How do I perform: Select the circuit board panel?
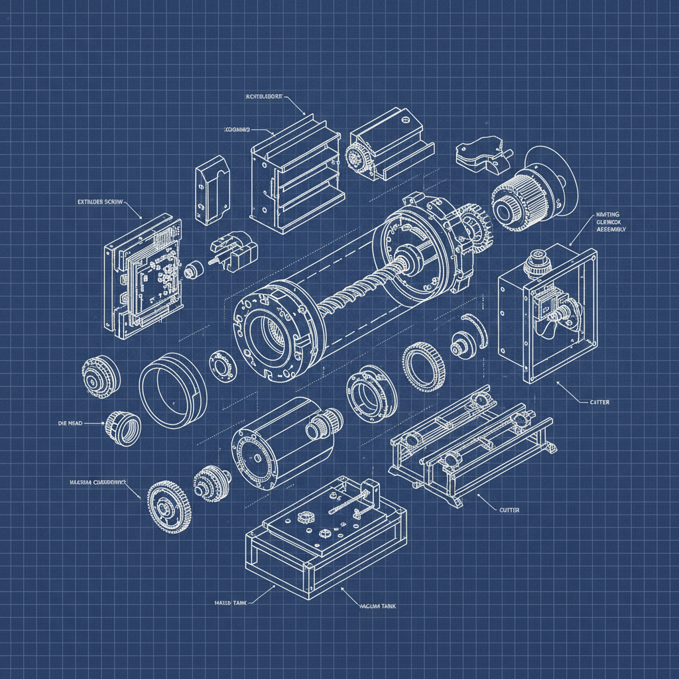pyautogui.click(x=143, y=275)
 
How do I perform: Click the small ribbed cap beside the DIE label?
pyautogui.click(x=123, y=428)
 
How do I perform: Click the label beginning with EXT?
pyautogui.click(x=99, y=201)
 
